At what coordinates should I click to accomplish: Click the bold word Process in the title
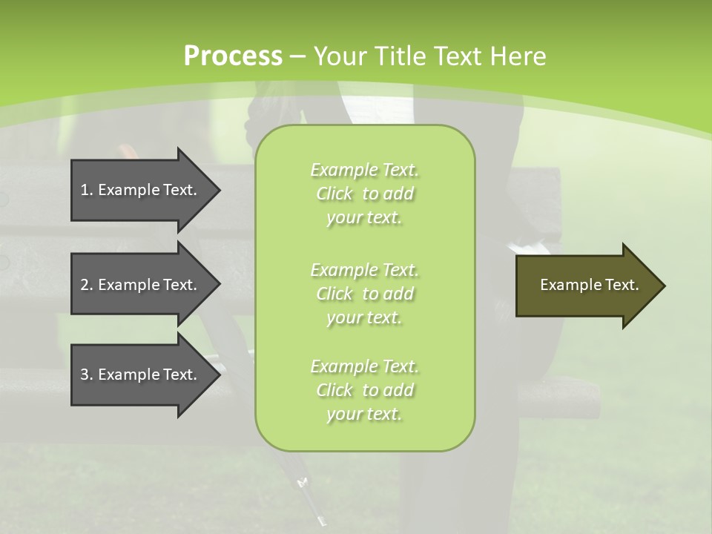pyautogui.click(x=233, y=56)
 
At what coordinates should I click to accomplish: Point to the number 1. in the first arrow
pyautogui.click(x=87, y=190)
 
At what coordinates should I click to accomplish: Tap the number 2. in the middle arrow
pyautogui.click(x=87, y=285)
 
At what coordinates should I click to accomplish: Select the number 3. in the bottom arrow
pyautogui.click(x=87, y=375)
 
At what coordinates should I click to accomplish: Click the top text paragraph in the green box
pyautogui.click(x=364, y=194)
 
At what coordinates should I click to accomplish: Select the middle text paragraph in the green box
pyautogui.click(x=364, y=294)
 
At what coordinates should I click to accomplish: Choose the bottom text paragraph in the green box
pyautogui.click(x=364, y=390)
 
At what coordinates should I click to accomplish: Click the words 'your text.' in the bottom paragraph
pyautogui.click(x=364, y=414)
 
